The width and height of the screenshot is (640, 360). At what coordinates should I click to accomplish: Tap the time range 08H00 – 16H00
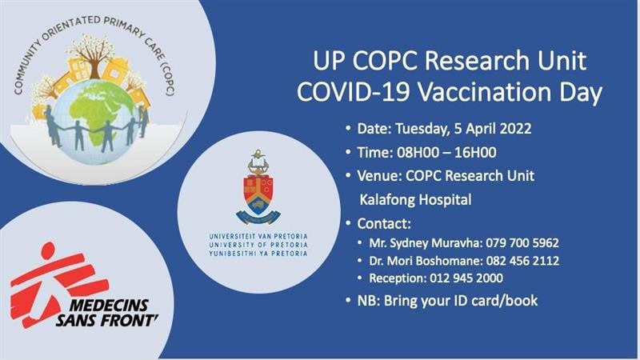(x=446, y=153)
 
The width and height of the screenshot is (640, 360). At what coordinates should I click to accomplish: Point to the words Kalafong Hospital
(x=415, y=199)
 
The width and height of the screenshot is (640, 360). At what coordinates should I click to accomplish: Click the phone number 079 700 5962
(x=522, y=243)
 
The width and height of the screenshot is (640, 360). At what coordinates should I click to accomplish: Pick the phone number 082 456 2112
(x=522, y=261)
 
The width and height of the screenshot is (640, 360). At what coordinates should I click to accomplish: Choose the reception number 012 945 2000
(x=466, y=278)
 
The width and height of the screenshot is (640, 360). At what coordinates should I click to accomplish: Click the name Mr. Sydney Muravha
(x=426, y=243)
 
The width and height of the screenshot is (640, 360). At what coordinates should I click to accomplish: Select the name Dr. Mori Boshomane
(x=426, y=261)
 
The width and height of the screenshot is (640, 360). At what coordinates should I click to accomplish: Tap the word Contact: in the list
(x=384, y=224)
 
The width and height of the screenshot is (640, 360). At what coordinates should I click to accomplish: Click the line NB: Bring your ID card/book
(x=447, y=301)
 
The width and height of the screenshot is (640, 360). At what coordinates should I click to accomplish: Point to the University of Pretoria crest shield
(x=258, y=192)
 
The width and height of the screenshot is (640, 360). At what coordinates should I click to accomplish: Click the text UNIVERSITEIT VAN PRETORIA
(x=258, y=236)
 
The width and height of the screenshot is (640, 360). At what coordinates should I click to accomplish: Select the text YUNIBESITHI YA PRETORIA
(x=258, y=254)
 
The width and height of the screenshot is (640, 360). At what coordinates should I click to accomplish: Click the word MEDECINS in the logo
(x=109, y=306)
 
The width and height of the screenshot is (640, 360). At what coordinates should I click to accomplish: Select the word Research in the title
(x=478, y=61)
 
